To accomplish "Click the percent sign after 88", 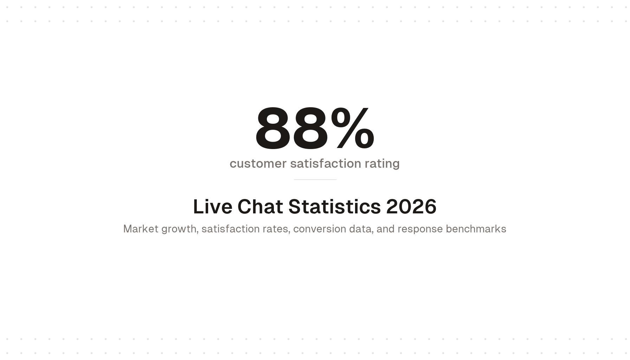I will tap(353, 128).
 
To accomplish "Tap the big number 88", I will tap(292, 129).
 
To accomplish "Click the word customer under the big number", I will tap(258, 163).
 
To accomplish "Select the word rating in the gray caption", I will tap(382, 163).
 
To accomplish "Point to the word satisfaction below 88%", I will tap(326, 163).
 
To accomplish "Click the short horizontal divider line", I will tap(315, 180).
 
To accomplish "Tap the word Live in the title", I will tap(212, 206).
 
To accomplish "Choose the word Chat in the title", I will tap(260, 206).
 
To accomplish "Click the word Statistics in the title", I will tap(334, 206).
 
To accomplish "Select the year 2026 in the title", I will tap(411, 206).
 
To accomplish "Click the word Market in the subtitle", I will tap(141, 229).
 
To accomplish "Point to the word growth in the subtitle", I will tap(179, 229).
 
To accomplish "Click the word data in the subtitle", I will tap(360, 229).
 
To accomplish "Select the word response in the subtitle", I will tap(420, 229).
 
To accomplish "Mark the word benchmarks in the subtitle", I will tap(476, 229).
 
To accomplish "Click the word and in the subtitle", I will tap(385, 229).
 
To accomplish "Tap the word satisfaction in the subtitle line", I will tap(231, 229).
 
